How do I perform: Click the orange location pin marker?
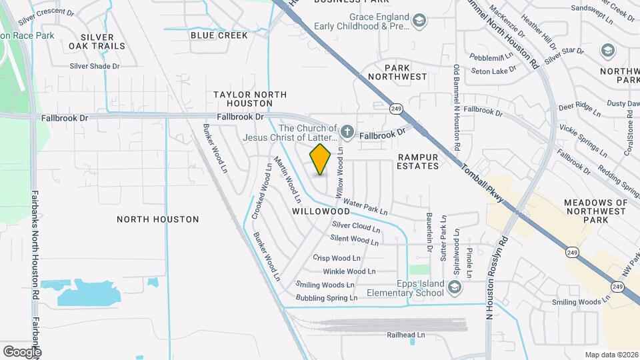[321, 159]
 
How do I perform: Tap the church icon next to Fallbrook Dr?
[347, 133]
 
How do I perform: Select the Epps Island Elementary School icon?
[455, 287]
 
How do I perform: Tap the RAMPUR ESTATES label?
[418, 161]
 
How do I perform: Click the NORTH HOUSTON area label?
[157, 219]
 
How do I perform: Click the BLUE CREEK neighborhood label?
[219, 35]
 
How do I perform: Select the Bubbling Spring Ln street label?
[327, 297]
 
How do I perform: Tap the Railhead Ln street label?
[406, 335]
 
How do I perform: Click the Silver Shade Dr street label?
[95, 66]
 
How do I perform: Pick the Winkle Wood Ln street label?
[349, 271]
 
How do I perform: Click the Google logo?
[22, 351]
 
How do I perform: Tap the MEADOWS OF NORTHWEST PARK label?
[596, 211]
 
